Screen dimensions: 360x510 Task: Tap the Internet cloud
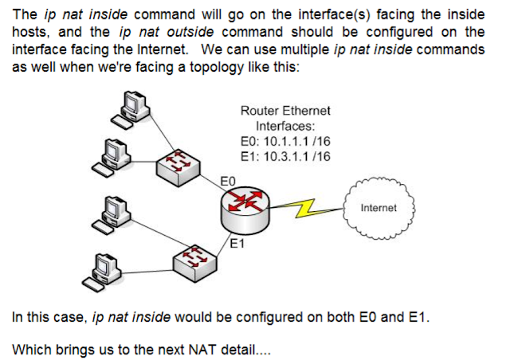[379, 207]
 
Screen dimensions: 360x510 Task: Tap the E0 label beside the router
[226, 182]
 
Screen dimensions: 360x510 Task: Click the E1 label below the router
[236, 245]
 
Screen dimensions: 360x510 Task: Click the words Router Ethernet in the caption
[284, 112]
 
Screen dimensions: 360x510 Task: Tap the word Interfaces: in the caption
[284, 126]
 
